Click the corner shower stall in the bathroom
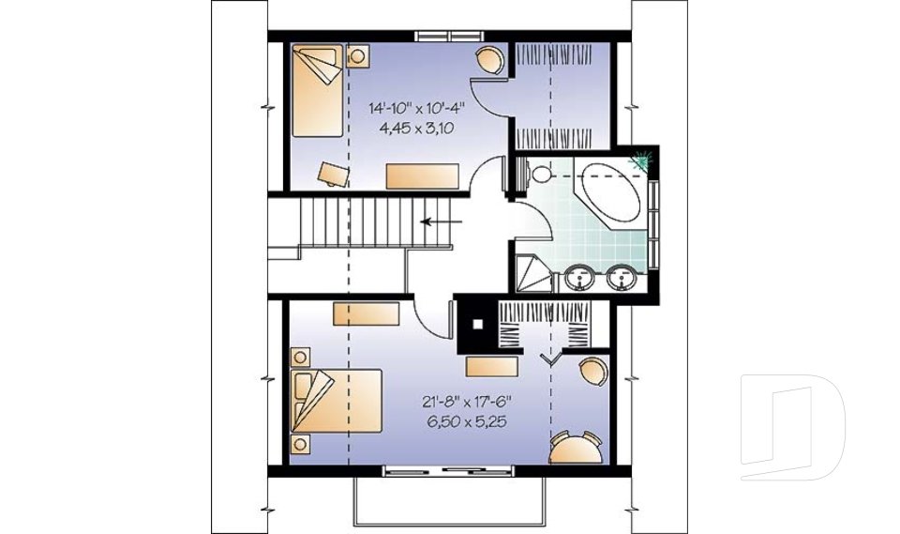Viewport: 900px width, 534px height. (532, 270)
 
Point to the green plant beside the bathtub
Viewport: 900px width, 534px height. (643, 162)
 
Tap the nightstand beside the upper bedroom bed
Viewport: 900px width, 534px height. (357, 56)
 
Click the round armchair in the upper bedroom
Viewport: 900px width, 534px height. (489, 60)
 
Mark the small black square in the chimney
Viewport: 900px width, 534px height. (477, 325)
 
